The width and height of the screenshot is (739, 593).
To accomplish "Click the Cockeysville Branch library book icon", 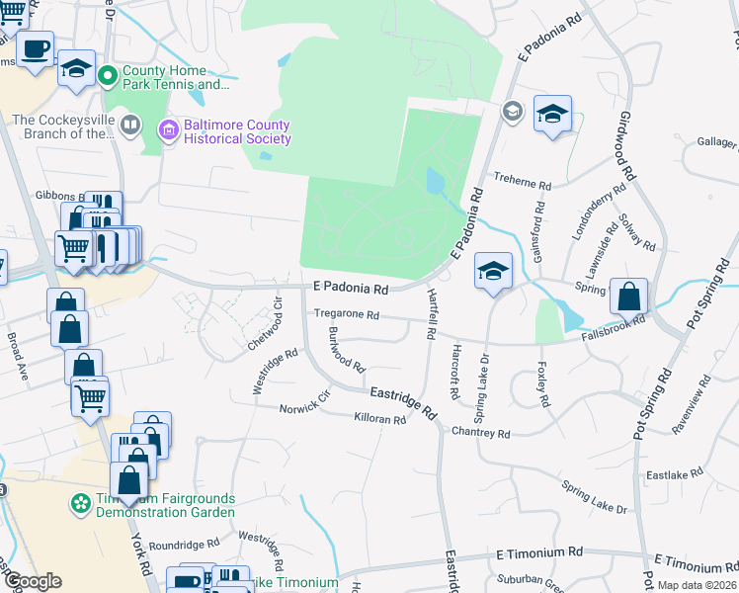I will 130,125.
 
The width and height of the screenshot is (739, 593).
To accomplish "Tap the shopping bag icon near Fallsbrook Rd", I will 628,296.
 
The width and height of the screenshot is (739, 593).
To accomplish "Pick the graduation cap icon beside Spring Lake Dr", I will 492,271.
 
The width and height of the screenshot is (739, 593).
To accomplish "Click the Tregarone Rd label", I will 347,314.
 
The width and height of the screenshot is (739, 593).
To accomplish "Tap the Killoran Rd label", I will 380,419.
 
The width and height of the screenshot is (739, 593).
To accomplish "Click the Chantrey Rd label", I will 480,433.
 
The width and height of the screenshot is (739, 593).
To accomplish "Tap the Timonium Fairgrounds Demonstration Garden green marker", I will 79,504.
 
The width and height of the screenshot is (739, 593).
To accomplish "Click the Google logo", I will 32,581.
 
